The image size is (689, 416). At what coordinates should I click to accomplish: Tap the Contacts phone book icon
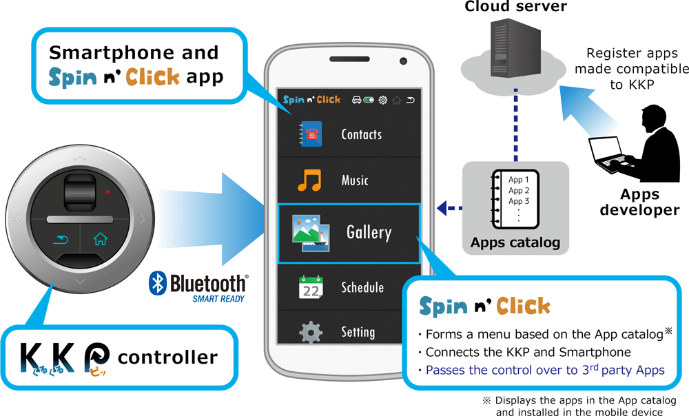(310, 134)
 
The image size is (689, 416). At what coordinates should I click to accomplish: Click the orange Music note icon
(309, 180)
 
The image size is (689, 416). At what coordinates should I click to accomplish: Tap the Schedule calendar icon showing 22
(311, 287)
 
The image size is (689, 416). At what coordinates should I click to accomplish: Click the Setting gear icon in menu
(311, 332)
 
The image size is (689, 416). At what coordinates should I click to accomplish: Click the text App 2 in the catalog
(519, 191)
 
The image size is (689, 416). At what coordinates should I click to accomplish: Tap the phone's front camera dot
(403, 62)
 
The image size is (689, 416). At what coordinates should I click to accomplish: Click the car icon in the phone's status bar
(356, 99)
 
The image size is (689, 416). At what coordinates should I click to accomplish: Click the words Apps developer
(639, 202)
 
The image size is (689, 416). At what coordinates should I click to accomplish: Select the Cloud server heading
(515, 7)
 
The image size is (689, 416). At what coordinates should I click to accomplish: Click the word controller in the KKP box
(167, 357)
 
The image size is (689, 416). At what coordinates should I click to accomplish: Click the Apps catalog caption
(515, 242)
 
